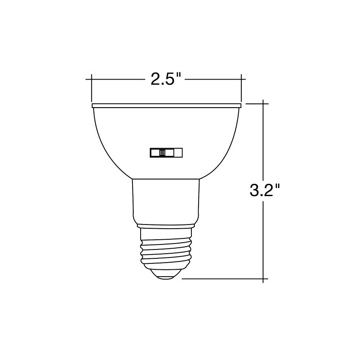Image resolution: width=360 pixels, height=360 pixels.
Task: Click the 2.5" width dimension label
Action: pyautogui.click(x=166, y=79)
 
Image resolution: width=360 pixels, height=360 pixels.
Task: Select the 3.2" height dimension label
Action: pyautogui.click(x=265, y=191)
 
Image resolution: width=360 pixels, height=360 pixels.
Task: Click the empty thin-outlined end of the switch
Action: pyautogui.click(x=178, y=152)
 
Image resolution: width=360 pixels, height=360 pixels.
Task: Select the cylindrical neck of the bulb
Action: pyautogui.click(x=166, y=199)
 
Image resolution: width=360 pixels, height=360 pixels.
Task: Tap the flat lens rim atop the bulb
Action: pyautogui.click(x=166, y=104)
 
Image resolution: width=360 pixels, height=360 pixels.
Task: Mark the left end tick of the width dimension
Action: pyautogui.click(x=91, y=79)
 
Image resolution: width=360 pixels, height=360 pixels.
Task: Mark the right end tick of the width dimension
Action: pyautogui.click(x=241, y=79)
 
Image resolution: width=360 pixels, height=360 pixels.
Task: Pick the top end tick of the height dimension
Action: pyautogui.click(x=265, y=103)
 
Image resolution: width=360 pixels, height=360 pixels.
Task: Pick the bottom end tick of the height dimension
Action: pyautogui.click(x=265, y=279)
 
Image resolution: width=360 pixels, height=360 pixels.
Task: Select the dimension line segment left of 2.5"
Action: pyautogui.click(x=116, y=79)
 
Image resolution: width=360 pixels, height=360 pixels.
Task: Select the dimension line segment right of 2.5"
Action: pyautogui.click(x=214, y=79)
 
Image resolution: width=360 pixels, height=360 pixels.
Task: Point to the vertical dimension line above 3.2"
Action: pyautogui.click(x=265, y=140)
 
